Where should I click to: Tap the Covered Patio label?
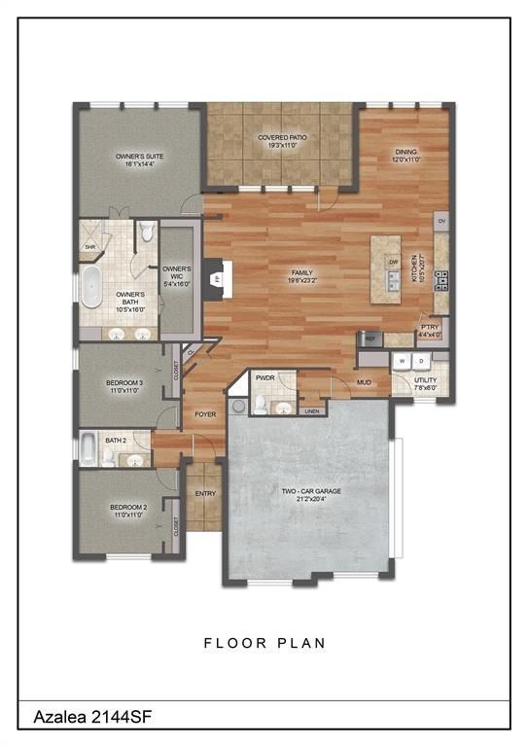282,142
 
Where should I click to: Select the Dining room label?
405,155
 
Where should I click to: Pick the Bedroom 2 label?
127,511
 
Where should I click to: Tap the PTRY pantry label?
429,332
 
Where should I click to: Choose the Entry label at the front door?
204,493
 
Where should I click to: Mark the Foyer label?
204,414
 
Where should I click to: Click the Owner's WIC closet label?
177,274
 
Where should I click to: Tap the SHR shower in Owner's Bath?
89,247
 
